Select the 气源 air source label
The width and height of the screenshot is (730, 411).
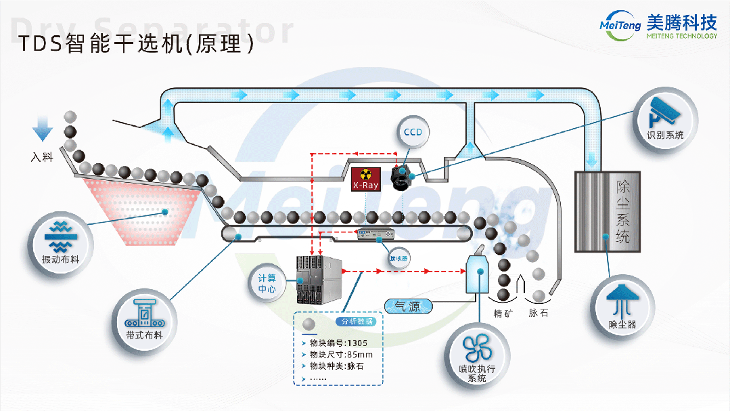409,307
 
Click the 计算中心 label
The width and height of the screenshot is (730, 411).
267,283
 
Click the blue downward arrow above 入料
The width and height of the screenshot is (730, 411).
43,128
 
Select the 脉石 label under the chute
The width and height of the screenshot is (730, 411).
539,313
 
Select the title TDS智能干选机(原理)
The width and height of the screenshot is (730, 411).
136,44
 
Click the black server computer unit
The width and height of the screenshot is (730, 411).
319,279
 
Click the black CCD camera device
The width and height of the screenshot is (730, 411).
403,176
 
